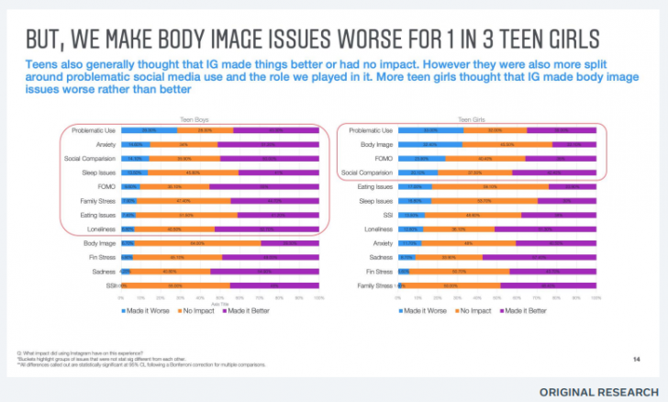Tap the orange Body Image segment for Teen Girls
pyautogui.click(x=506, y=144)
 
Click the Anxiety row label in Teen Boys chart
pyautogui.click(x=104, y=145)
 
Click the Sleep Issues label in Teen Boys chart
pyautogui.click(x=98, y=173)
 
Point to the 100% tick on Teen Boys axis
pyautogui.click(x=318, y=298)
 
